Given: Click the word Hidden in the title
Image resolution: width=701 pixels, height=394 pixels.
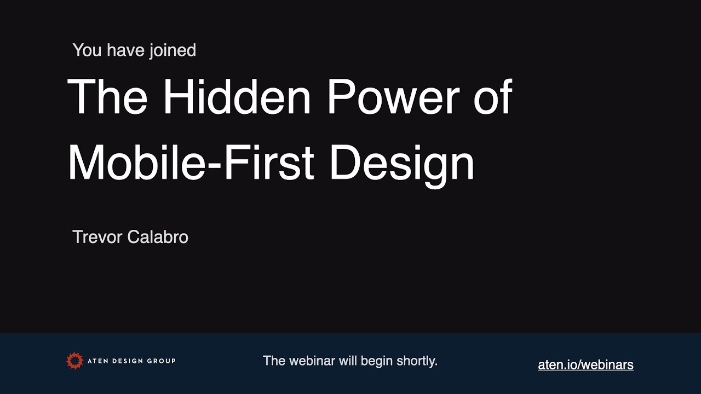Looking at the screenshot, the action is tap(237, 96).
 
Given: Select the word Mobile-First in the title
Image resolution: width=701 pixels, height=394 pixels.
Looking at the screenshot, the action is tap(191, 163).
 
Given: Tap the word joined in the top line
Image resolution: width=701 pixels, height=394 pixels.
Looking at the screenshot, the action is tap(173, 51).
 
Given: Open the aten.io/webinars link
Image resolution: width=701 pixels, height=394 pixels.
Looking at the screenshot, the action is tap(586, 365).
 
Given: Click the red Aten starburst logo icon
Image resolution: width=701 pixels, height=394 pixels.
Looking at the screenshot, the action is tap(75, 361).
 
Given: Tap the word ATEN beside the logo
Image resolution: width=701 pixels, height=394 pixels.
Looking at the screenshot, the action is tap(98, 361).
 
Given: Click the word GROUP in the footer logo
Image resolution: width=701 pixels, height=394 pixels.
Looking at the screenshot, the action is tap(161, 361).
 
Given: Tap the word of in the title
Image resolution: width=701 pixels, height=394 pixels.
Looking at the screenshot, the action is tap(493, 96).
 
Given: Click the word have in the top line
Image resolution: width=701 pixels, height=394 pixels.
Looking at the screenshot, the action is tap(125, 50).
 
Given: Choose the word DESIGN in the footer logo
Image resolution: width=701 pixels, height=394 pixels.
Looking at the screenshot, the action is tap(128, 361).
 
